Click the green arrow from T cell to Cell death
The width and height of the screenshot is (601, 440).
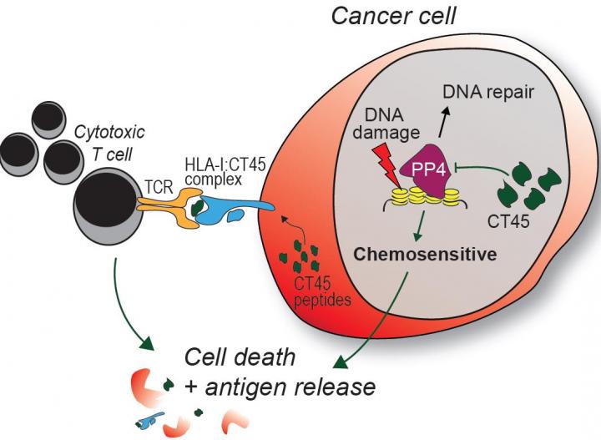(x=125, y=309)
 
